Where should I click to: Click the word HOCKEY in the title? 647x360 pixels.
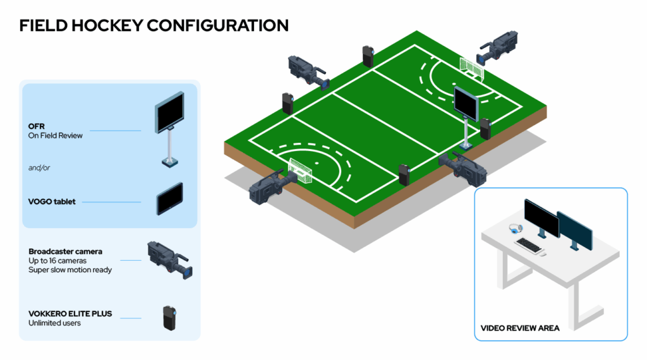(107, 25)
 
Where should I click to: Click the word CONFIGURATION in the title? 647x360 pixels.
(217, 25)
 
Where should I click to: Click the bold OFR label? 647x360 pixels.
(36, 126)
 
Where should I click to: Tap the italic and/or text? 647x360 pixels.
(39, 168)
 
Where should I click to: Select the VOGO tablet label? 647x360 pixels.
(52, 201)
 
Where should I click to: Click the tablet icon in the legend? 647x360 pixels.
(169, 199)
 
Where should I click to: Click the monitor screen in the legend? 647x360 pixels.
(169, 112)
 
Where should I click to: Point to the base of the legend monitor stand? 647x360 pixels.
(169, 162)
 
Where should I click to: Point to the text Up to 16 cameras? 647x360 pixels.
(57, 261)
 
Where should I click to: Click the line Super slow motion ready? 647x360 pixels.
(70, 270)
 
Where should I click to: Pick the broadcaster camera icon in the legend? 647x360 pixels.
(170, 260)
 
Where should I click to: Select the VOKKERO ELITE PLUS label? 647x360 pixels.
(70, 313)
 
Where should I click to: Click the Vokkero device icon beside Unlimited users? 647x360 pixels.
(169, 318)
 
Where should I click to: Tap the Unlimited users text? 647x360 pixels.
(54, 323)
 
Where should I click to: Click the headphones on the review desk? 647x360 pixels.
(516, 229)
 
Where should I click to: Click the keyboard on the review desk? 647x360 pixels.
(529, 245)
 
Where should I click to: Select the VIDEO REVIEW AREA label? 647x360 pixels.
(520, 328)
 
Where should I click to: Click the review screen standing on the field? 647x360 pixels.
(466, 103)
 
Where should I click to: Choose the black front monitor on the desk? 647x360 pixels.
(541, 218)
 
